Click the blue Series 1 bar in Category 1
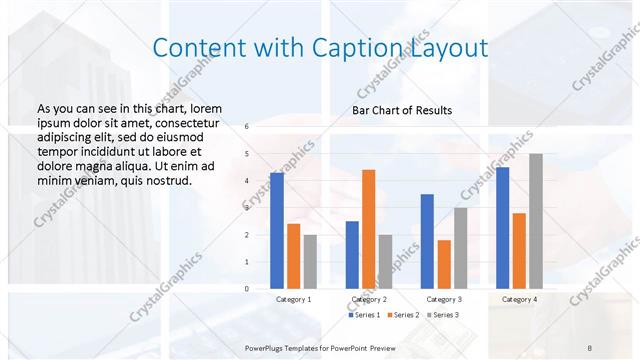pos(277,231)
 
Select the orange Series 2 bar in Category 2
pos(368,229)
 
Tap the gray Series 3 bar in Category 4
pos(536,221)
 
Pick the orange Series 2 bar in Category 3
pos(444,264)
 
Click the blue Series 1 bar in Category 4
pos(502,228)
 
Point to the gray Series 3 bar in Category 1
pos(310,262)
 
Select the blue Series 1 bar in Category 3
pos(427,241)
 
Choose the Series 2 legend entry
pos(402,315)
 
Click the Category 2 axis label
pos(369,299)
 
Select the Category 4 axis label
pos(519,299)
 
